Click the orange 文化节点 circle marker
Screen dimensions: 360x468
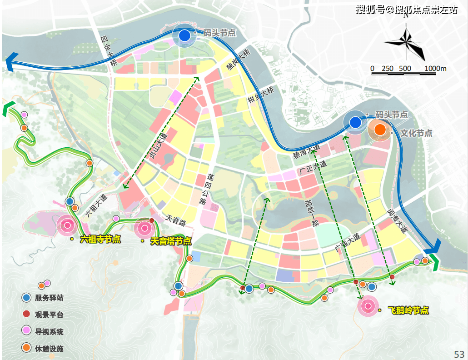[380, 130]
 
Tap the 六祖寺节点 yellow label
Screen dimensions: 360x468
[100, 239]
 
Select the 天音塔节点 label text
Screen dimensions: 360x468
[170, 241]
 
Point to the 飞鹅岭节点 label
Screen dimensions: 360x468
[408, 310]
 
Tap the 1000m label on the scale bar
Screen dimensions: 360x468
[436, 69]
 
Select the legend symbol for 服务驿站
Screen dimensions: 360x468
[27, 298]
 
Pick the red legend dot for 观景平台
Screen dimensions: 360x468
[27, 314]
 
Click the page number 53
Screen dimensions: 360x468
[459, 354]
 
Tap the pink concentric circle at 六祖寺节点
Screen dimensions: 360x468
[67, 225]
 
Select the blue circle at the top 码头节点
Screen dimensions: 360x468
[184, 36]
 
